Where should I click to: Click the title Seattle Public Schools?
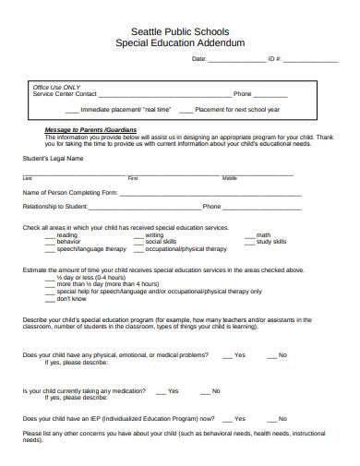point(180,30)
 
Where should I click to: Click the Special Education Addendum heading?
point(180,42)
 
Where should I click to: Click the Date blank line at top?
point(237,60)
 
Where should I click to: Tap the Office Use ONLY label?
point(56,87)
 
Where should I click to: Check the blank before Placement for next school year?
point(186,110)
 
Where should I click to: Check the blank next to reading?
point(50,235)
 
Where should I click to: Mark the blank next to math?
point(249,235)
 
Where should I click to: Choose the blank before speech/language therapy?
point(50,249)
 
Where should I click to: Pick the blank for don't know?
point(50,299)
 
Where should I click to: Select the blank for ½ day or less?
point(50,277)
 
